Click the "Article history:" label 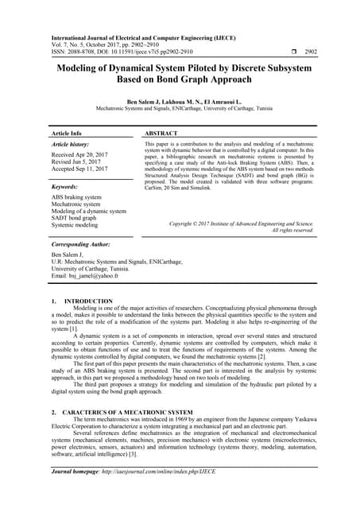pos(72,146)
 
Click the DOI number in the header pos(146,51)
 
